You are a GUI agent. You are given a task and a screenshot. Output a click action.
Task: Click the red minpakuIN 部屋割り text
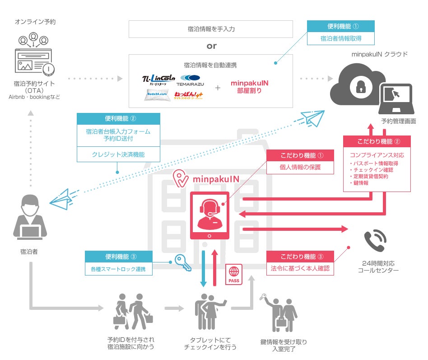[250, 86]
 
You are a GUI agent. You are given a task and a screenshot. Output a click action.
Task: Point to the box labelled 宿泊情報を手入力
[211, 29]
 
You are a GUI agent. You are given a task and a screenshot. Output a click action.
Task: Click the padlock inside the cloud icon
[360, 87]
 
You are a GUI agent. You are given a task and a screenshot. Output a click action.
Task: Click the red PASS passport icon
[234, 274]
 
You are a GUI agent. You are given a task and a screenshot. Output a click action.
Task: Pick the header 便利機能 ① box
[340, 26]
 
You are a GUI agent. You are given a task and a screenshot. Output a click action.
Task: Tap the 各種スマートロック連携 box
[118, 269]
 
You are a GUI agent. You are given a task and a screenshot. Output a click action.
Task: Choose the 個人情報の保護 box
[300, 167]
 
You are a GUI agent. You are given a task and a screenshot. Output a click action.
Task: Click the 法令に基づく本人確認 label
[300, 268]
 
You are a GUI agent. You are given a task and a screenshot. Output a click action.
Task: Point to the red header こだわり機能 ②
[377, 141]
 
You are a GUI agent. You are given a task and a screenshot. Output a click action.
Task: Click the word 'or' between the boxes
[211, 46]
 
